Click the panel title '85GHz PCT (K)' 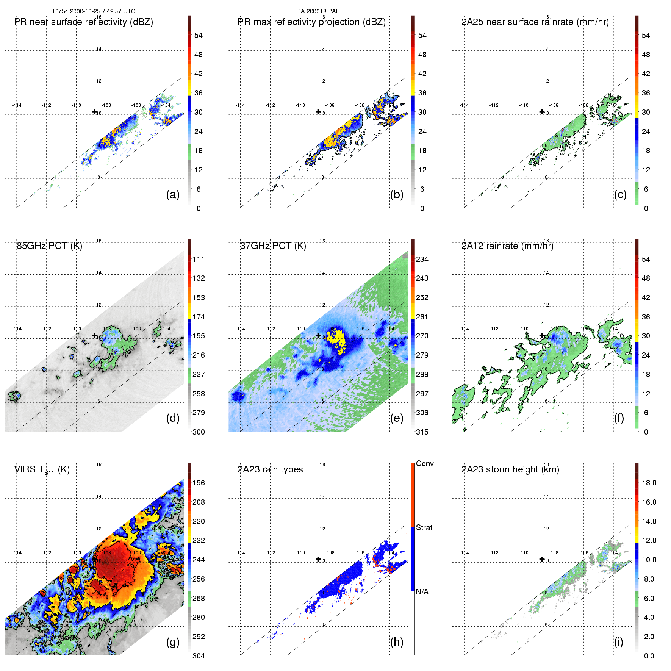point(49,246)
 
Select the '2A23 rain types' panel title point(270,469)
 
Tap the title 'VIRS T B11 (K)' point(42,470)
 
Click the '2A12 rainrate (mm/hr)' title point(507,246)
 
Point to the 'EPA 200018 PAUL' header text point(318,11)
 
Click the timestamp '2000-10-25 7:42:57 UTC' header point(102,11)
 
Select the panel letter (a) point(173,194)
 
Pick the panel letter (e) point(397,418)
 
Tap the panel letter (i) point(619,642)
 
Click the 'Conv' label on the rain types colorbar point(425,463)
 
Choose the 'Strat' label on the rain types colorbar point(424,527)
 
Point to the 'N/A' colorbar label point(422,592)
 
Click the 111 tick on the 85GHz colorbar point(199,259)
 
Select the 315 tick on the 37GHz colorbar point(422,432)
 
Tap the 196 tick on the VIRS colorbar point(199,483)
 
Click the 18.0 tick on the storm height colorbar point(649,483)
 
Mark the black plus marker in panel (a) point(94,111)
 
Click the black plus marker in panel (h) point(318,559)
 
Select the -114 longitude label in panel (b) point(240,105)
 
